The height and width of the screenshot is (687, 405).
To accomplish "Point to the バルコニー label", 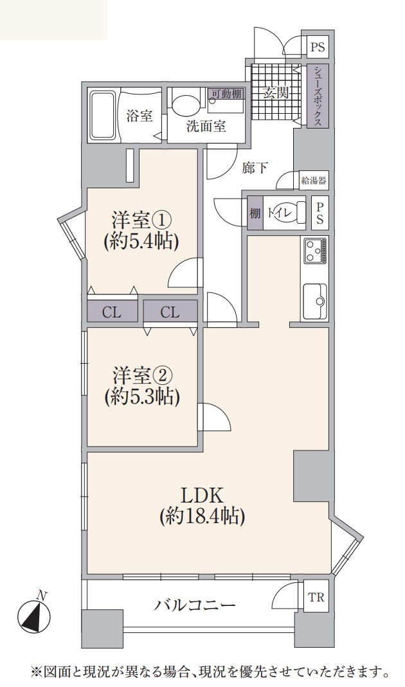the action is tap(195, 605).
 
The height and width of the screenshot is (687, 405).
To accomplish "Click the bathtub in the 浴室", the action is tap(103, 115).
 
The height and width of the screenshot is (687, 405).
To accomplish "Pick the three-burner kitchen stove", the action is tap(314, 251).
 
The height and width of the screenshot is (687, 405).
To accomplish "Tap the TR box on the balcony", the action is tap(316, 596).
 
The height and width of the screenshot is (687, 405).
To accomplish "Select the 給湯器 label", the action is tap(314, 180).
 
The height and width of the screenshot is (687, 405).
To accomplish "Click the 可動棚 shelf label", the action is tap(226, 94).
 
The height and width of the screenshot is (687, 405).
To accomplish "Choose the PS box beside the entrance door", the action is tap(318, 48).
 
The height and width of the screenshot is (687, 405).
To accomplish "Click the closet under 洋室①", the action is tap(113, 312).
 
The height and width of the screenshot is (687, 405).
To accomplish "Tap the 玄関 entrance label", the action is tap(276, 93).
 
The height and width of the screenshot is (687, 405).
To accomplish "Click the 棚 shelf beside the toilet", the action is tap(255, 213).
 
